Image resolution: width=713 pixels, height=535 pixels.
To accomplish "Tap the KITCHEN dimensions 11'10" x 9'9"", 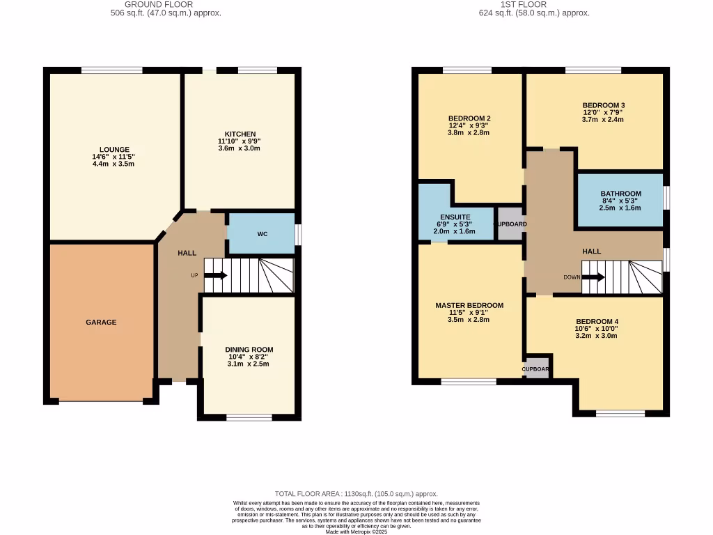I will click(x=240, y=141).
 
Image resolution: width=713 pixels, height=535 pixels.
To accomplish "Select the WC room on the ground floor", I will click(x=262, y=234).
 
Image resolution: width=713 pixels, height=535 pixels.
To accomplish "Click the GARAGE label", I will click(x=101, y=323).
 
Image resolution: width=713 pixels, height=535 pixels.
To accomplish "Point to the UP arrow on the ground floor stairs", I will click(x=215, y=275).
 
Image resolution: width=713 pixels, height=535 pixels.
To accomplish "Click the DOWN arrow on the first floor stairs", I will click(x=593, y=277).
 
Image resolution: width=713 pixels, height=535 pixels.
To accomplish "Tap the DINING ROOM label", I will click(x=249, y=350).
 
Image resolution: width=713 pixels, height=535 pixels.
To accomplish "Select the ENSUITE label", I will click(x=455, y=217).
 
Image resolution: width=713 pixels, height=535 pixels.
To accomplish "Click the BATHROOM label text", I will click(x=620, y=194).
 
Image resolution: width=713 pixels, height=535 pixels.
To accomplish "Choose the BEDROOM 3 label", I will click(x=603, y=105).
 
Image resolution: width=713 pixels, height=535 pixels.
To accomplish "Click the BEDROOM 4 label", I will click(x=596, y=321).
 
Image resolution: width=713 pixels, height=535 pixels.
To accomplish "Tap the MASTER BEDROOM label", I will click(x=469, y=305).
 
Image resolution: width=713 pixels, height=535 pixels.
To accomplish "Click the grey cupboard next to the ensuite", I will click(x=510, y=224).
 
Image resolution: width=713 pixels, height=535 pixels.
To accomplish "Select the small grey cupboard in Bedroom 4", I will click(x=537, y=369).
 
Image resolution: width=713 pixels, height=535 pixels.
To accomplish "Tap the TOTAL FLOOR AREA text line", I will click(x=356, y=494).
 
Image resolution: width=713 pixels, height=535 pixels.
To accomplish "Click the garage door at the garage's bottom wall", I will click(x=101, y=401).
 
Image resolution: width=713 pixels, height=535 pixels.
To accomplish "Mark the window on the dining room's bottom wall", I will click(x=249, y=417).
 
